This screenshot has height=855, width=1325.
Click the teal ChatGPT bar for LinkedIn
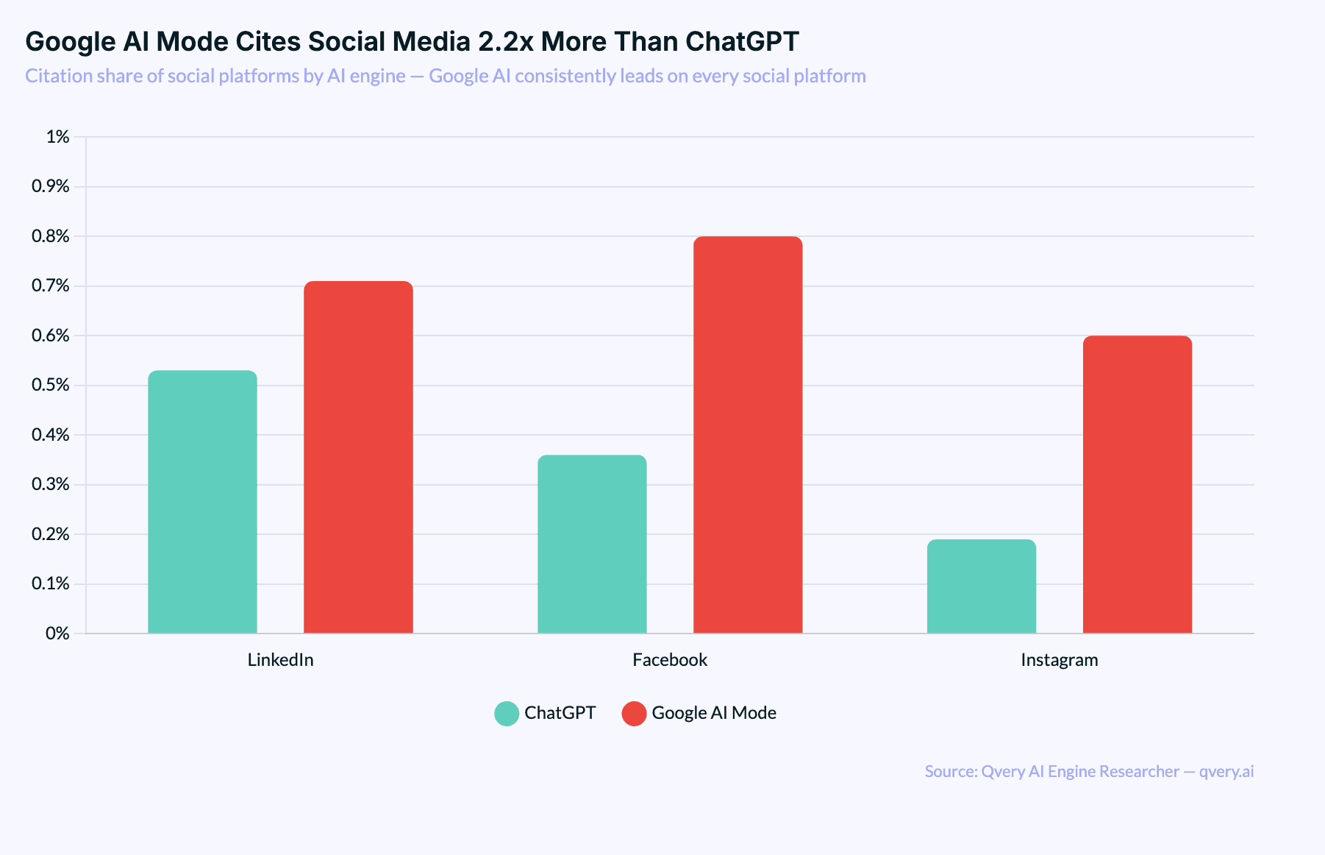(x=202, y=502)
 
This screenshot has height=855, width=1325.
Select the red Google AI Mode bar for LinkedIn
(x=358, y=457)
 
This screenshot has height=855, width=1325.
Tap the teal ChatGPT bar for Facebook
(x=592, y=544)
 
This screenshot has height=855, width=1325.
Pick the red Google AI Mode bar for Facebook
(x=748, y=435)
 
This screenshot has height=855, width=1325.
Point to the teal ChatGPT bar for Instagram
(x=981, y=586)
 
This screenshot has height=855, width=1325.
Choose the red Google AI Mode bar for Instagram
(x=1137, y=484)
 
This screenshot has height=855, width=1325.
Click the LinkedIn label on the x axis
(x=280, y=660)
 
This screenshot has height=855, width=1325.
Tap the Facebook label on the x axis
(x=669, y=660)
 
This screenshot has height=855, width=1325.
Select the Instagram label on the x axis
(x=1059, y=660)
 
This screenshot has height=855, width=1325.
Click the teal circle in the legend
(x=507, y=714)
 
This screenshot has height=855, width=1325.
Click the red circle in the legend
(x=634, y=714)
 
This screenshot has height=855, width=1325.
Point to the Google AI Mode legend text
(x=714, y=713)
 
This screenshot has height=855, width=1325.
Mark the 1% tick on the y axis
(x=57, y=137)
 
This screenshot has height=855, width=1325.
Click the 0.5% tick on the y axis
(x=51, y=386)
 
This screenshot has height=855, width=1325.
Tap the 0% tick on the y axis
(x=57, y=634)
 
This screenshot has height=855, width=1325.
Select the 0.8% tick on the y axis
(x=51, y=236)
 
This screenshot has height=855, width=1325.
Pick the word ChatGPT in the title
(x=742, y=42)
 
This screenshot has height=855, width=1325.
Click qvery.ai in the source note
(x=1226, y=771)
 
